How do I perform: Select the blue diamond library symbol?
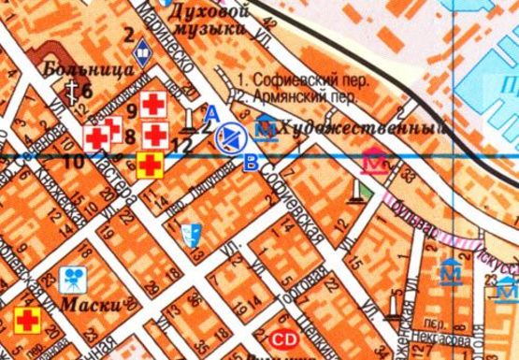143,51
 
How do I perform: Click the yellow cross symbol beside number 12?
150,166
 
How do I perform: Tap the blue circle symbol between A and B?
228,139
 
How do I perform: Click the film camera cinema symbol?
70,277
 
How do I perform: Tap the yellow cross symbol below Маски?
28,322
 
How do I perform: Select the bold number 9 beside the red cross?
131,110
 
